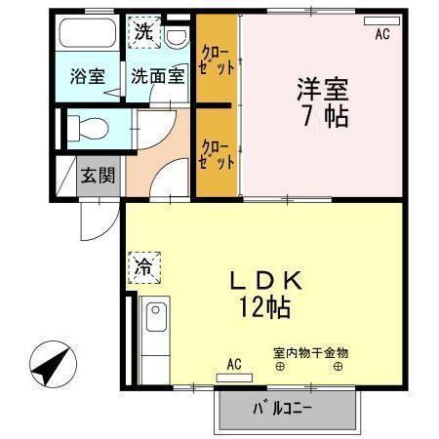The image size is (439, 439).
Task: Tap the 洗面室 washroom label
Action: (x=157, y=76)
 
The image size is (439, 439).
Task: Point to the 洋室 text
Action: (x=323, y=91)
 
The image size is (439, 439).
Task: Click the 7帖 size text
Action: (x=323, y=116)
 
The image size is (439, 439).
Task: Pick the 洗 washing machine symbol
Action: (x=143, y=30)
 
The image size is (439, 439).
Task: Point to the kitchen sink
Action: (x=155, y=319)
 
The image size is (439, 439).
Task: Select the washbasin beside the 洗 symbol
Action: (x=177, y=37)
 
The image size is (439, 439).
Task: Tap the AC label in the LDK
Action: (x=234, y=365)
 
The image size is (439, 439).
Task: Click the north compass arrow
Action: (x=50, y=368)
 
